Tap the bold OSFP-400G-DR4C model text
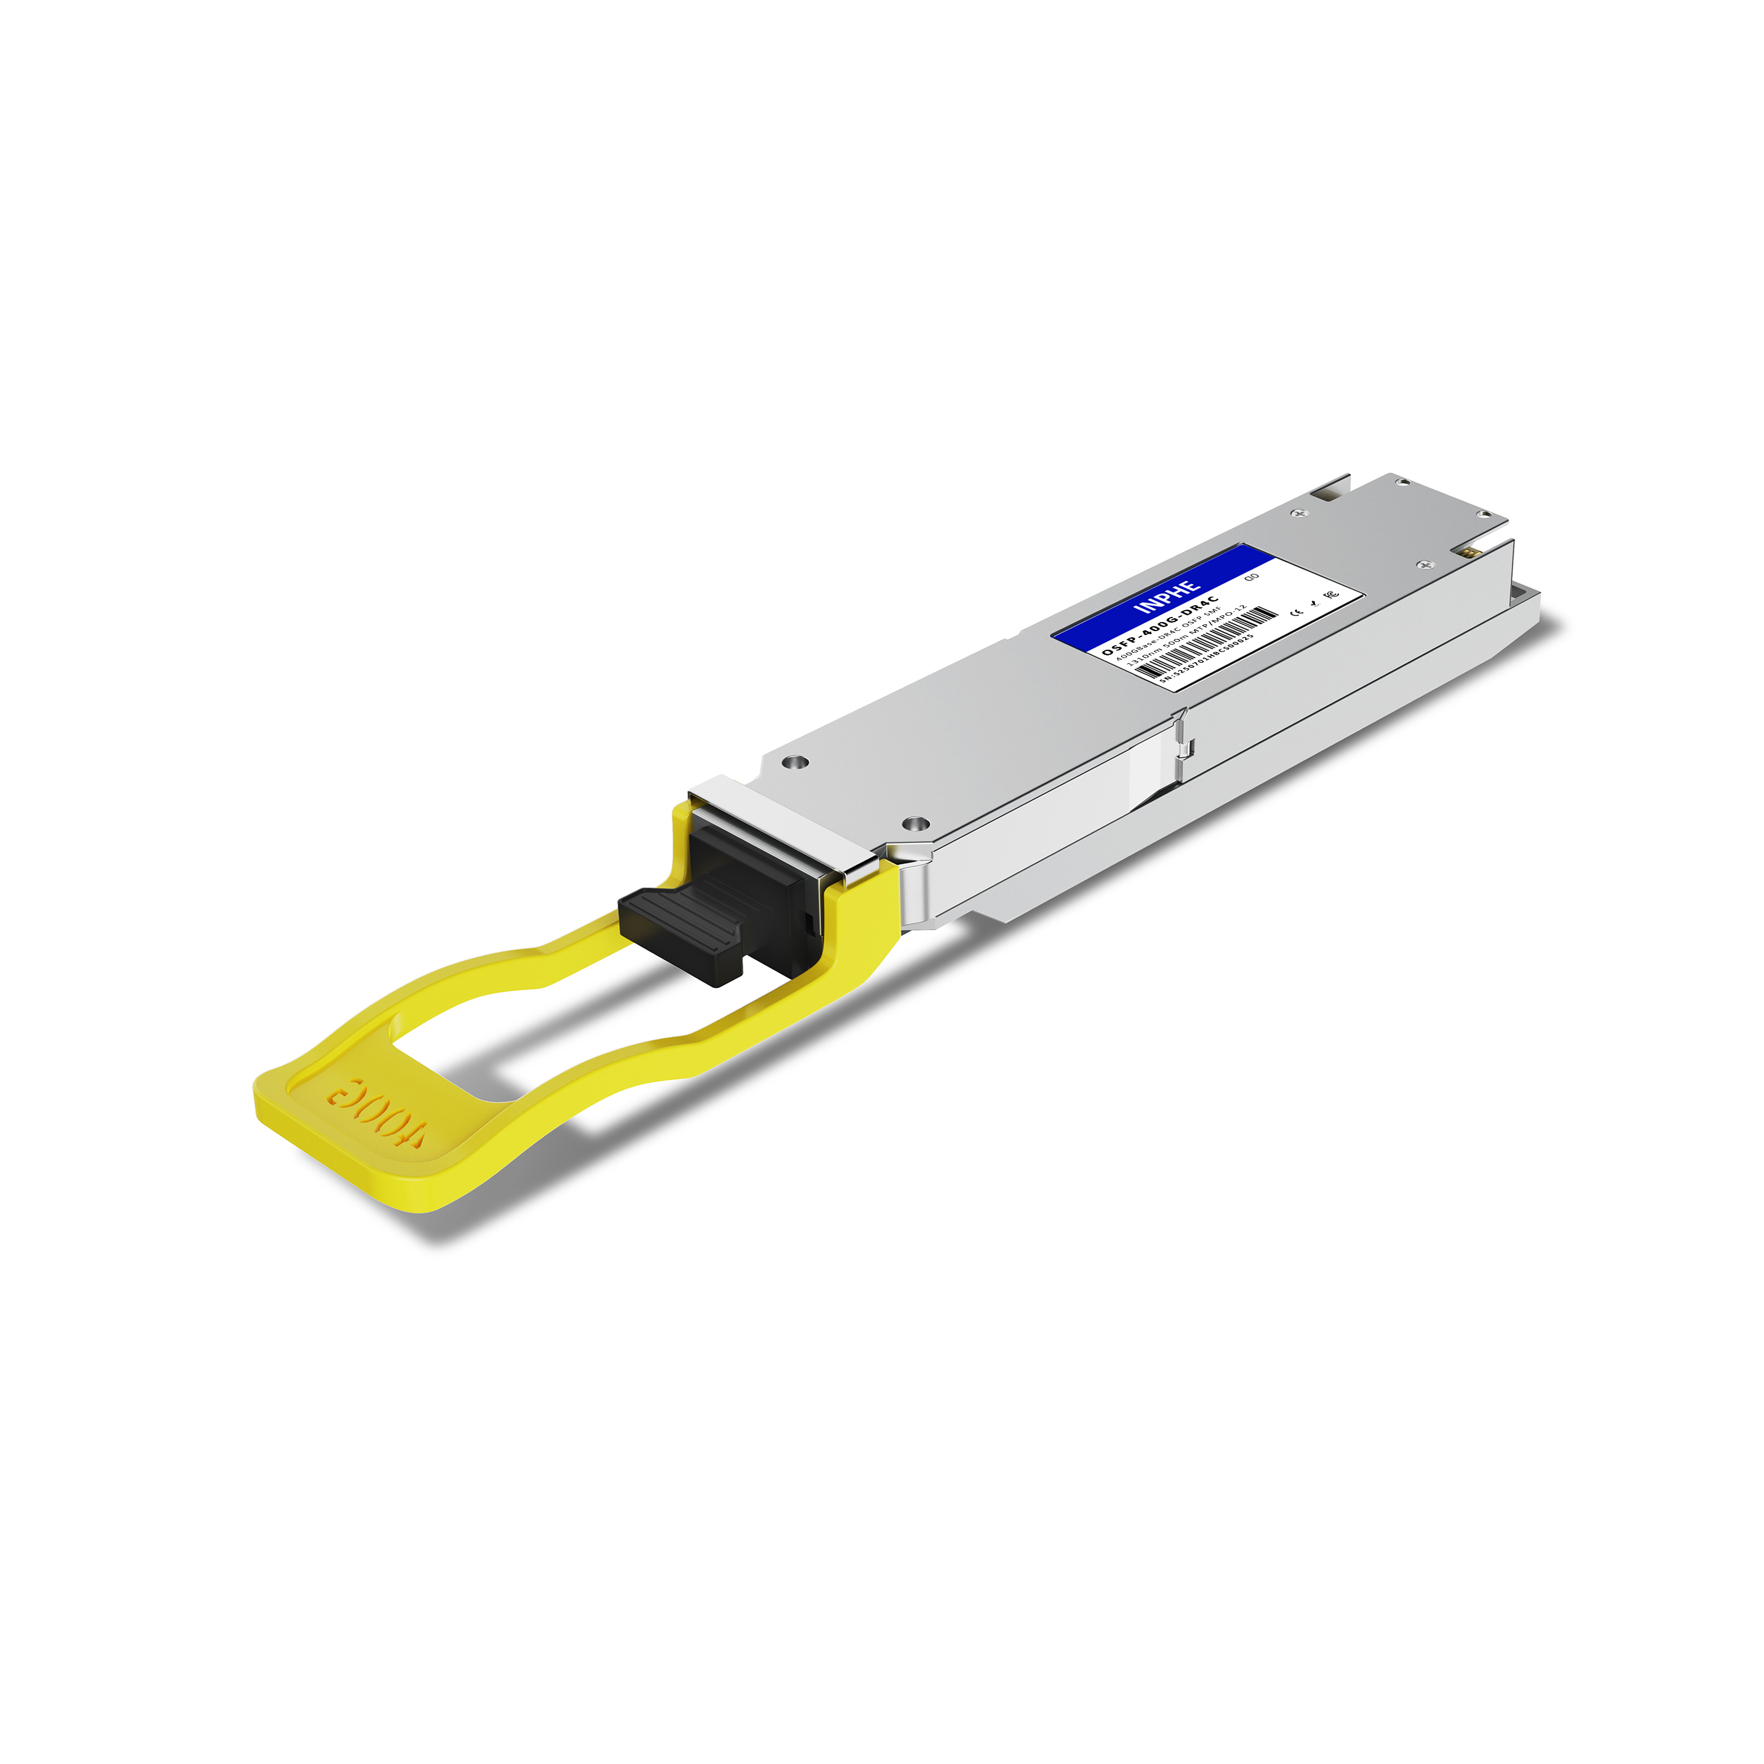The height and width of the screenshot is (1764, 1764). click(x=1159, y=625)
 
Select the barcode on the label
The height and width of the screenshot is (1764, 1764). click(x=1205, y=643)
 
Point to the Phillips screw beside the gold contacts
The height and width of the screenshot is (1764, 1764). click(x=1421, y=566)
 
